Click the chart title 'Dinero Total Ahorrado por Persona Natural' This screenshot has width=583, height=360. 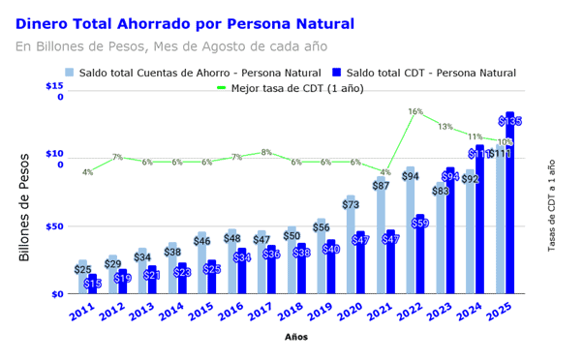tap(185, 23)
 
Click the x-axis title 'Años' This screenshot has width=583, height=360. tap(296, 337)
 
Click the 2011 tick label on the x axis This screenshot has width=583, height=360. tap(83, 312)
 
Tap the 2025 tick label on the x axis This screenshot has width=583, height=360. tap(501, 312)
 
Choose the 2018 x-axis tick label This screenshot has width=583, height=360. tap(292, 312)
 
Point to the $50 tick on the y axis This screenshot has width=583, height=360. tap(56, 226)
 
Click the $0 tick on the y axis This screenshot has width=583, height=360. tap(57, 293)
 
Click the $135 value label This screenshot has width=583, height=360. tap(510, 121)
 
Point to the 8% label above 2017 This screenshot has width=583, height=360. tap(266, 152)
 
